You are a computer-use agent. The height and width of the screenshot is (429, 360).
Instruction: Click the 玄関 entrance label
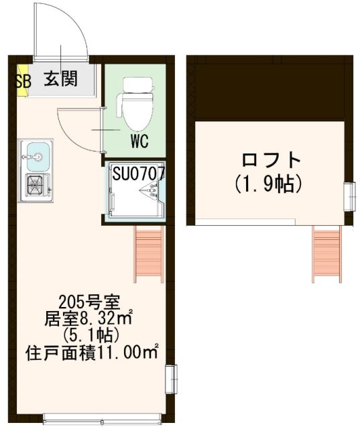coord(60,79)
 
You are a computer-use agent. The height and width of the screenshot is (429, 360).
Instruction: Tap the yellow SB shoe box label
coord(21,80)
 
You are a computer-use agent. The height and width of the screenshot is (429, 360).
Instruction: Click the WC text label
coord(139,141)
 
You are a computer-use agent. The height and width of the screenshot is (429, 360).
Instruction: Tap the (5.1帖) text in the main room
coord(89,334)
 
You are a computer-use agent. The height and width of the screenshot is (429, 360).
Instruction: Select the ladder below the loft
coord(327,253)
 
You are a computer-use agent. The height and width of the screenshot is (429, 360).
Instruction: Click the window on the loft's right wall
coord(349,196)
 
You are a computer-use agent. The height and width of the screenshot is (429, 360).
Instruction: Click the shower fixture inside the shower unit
coord(148,194)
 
